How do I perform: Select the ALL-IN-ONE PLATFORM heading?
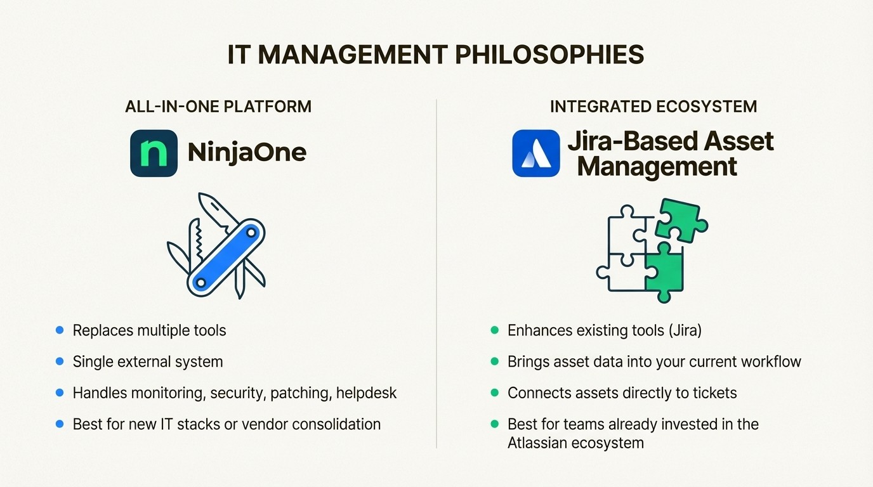click(x=218, y=107)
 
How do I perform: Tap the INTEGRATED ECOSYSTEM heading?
click(x=653, y=107)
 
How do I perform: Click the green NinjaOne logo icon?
click(x=154, y=153)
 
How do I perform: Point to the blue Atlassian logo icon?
click(x=536, y=153)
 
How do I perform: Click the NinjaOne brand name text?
click(x=247, y=153)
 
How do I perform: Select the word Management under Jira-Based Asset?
click(x=657, y=167)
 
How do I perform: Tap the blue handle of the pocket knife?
click(x=226, y=257)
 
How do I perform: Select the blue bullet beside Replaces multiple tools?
click(x=60, y=330)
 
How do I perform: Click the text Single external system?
click(x=148, y=362)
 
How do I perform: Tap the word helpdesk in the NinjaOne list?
click(x=366, y=393)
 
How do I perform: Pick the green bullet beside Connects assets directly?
click(x=495, y=393)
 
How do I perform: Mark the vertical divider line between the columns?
click(x=436, y=273)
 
